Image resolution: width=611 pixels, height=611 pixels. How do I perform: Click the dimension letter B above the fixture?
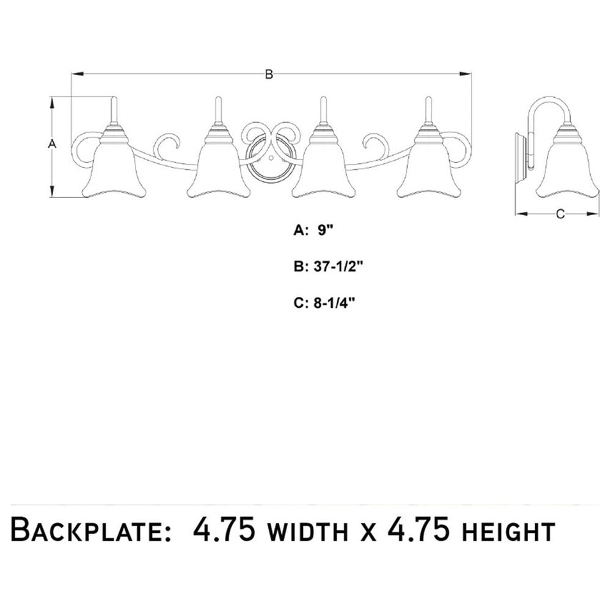269,74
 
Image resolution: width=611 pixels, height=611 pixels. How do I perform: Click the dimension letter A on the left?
52,144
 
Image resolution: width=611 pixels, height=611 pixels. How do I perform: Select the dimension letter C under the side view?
560,214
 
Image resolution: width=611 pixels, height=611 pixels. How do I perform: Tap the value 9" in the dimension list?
326,230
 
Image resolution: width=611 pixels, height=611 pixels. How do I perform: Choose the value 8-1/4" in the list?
335,303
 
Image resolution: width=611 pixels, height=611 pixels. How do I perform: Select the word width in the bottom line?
309,532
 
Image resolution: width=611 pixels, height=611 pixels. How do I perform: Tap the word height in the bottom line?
508,532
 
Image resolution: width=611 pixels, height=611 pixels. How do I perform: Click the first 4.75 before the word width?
224,529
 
